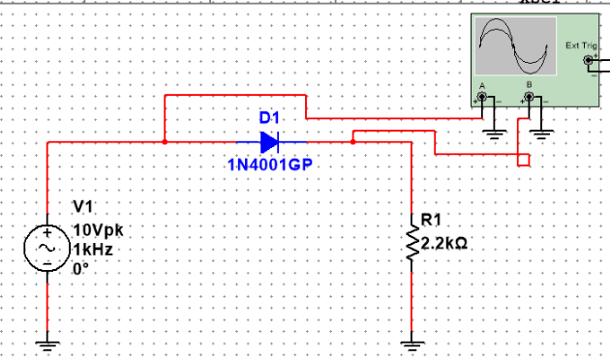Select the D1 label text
(269, 118)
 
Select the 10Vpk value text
(99, 230)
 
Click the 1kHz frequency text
(94, 248)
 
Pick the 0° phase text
(82, 265)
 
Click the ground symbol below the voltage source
(46, 340)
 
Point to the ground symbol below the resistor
(412, 340)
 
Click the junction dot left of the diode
(166, 141)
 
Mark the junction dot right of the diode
(353, 141)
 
